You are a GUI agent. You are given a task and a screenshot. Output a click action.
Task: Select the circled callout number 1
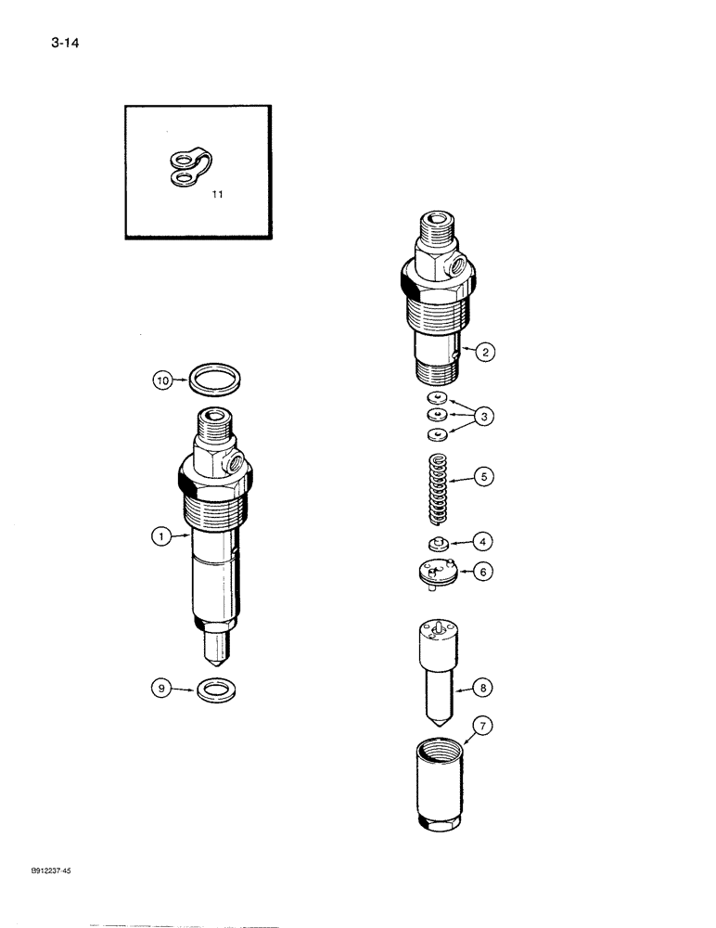162,536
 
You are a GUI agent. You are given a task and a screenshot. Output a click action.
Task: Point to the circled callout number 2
485,353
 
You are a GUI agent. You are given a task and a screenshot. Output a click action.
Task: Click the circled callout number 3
485,418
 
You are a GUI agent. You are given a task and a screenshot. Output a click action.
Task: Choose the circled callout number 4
485,540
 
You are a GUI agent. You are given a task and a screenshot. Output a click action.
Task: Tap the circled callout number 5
485,478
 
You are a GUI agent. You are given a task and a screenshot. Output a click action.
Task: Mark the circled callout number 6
485,573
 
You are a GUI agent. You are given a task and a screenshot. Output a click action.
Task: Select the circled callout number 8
485,688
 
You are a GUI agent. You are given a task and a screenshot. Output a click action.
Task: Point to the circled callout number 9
162,689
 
